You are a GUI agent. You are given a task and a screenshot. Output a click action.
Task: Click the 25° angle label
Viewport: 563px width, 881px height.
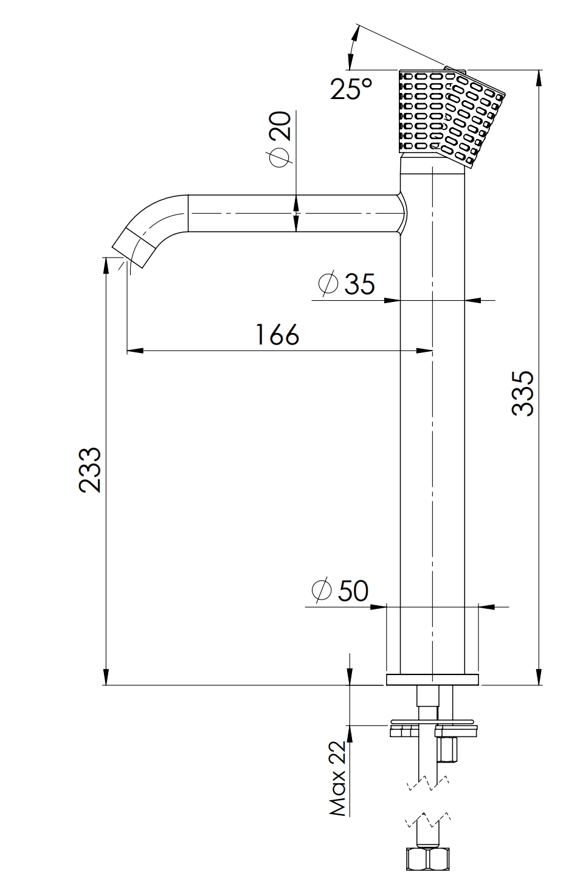click(x=351, y=89)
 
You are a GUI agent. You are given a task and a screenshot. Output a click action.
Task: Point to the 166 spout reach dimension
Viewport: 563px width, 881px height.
click(x=277, y=334)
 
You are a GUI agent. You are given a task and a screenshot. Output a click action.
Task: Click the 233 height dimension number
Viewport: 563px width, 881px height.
click(x=90, y=469)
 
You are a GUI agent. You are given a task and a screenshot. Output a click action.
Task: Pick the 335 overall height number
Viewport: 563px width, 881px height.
click(x=523, y=393)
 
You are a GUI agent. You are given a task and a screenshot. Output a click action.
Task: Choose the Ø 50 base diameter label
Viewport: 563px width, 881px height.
click(x=340, y=591)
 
